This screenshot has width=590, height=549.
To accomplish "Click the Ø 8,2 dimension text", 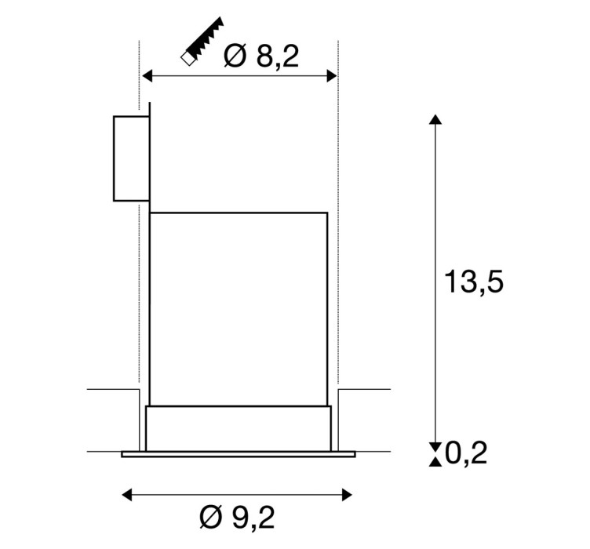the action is pyautogui.click(x=261, y=56).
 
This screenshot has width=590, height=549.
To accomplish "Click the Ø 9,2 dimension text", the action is pyautogui.click(x=237, y=518).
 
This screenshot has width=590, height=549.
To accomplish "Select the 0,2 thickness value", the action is pyautogui.click(x=466, y=453).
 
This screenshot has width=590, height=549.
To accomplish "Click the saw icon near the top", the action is pyautogui.click(x=202, y=42).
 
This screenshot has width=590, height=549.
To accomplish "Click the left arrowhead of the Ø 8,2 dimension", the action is pyautogui.click(x=147, y=75).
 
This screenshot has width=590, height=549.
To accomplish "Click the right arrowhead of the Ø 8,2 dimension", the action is pyautogui.click(x=332, y=75).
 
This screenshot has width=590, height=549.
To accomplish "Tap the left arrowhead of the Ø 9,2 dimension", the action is pyautogui.click(x=127, y=494).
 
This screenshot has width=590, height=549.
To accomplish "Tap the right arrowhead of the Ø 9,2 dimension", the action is pyautogui.click(x=347, y=494).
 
